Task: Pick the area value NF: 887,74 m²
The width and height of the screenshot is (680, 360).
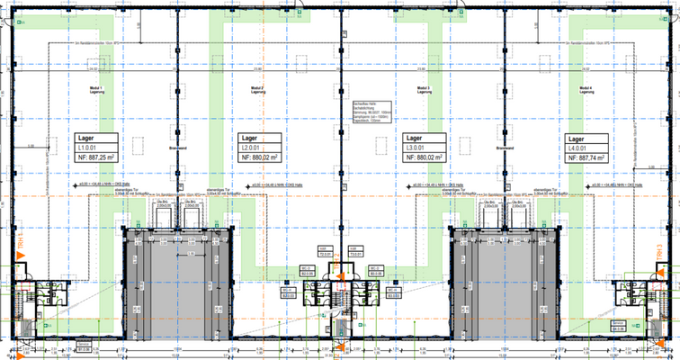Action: coord(588,157)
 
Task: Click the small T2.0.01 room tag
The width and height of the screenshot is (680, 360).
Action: coord(325,253)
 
